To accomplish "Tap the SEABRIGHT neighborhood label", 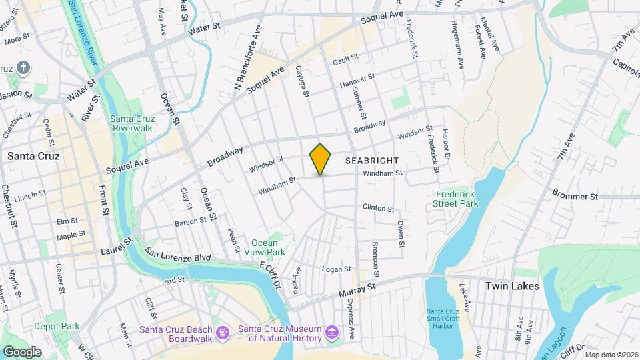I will [372, 161].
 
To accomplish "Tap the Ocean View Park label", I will [268, 247].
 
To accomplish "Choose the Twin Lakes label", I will [512, 286].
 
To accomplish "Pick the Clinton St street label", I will [379, 208].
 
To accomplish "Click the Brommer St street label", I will [575, 197].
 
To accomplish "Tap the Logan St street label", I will [337, 269].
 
